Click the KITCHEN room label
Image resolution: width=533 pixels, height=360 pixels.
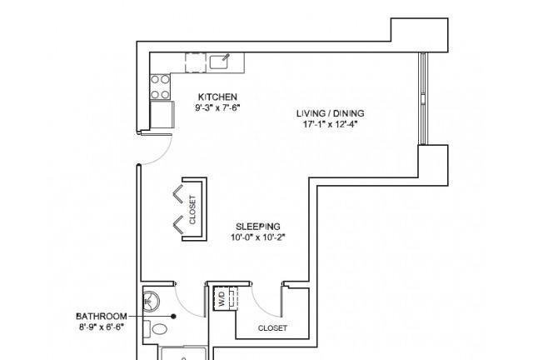pyautogui.click(x=217, y=97)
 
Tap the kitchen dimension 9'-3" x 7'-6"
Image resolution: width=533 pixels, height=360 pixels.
pyautogui.click(x=217, y=107)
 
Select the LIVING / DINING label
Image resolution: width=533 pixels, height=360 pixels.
pyautogui.click(x=331, y=113)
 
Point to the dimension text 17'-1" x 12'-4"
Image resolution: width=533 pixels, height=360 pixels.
pyautogui.click(x=331, y=124)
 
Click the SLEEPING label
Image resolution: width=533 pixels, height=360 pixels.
pyautogui.click(x=258, y=227)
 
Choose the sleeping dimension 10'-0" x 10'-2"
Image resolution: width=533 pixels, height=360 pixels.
pyautogui.click(x=258, y=237)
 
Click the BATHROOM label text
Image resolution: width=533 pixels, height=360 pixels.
pyautogui.click(x=102, y=317)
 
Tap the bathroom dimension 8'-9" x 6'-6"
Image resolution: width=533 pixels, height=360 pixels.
pyautogui.click(x=102, y=327)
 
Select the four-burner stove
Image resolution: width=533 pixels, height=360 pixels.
pyautogui.click(x=160, y=87)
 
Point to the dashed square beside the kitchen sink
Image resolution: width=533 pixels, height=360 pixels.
pyautogui.click(x=196, y=62)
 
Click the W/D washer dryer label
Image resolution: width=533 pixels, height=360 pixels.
pyautogui.click(x=222, y=298)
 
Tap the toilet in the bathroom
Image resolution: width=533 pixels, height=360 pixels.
pyautogui.click(x=156, y=328)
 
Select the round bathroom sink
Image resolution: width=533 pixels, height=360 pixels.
pyautogui.click(x=151, y=301)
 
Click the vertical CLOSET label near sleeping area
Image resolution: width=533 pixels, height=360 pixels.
pyautogui.click(x=192, y=210)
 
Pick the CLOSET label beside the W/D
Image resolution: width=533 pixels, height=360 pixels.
pyautogui.click(x=272, y=328)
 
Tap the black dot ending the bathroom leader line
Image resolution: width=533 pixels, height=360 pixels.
pyautogui.click(x=173, y=317)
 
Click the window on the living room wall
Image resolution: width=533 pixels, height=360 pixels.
pyautogui.click(x=423, y=98)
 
